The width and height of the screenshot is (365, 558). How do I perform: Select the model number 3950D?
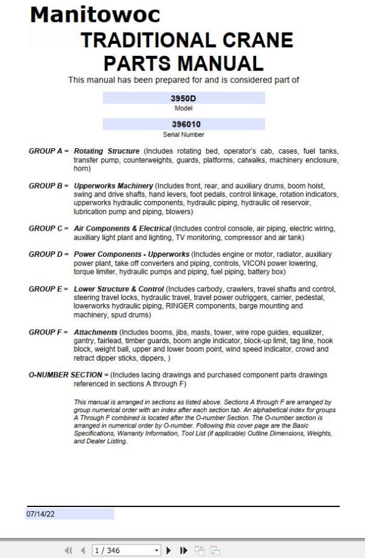184,98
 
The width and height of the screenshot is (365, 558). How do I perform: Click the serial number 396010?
184,124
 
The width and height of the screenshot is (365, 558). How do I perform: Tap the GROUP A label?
49,151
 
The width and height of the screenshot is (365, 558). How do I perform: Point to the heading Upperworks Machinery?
113,186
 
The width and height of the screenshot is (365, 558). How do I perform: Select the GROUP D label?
49,254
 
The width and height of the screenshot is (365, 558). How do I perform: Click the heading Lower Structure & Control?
118,289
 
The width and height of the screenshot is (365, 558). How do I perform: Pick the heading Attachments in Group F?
95,332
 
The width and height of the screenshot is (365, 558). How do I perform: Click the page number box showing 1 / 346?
125,551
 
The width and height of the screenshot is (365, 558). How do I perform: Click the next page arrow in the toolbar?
169,551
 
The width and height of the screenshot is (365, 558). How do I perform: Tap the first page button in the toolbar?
68,551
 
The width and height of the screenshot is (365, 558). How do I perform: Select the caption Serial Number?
184,134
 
